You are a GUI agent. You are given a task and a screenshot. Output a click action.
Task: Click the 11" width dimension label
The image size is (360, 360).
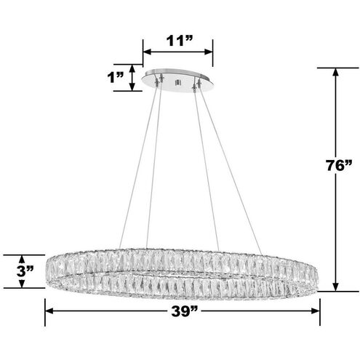177,39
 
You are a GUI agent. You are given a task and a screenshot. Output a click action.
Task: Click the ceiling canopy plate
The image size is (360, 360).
178,81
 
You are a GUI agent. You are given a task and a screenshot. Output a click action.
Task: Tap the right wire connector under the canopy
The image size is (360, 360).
193,85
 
